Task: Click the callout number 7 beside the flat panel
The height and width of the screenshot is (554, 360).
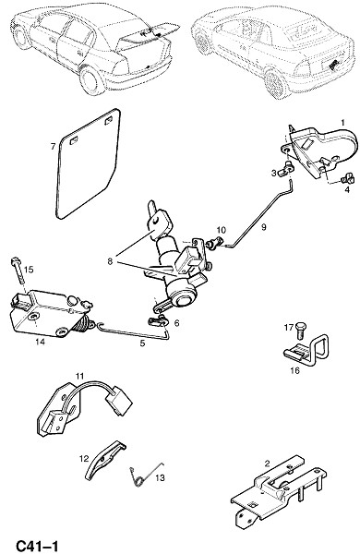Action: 53,146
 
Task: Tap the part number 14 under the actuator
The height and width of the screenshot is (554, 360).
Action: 41,342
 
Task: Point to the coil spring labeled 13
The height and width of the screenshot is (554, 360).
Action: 140,477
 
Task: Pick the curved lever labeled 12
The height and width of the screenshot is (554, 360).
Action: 105,459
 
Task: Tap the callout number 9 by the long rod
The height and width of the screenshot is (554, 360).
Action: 264,227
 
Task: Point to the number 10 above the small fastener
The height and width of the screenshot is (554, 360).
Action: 221,230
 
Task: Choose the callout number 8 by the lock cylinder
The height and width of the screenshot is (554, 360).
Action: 110,262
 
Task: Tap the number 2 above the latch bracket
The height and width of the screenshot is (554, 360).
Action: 267,464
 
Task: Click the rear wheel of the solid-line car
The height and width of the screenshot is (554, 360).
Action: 92,80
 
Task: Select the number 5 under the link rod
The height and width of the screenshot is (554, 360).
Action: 142,343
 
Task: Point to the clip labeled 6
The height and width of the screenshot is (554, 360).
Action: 158,321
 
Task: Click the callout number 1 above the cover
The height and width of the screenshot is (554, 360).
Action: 342,123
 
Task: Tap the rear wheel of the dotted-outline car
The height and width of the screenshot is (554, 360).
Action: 277,84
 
